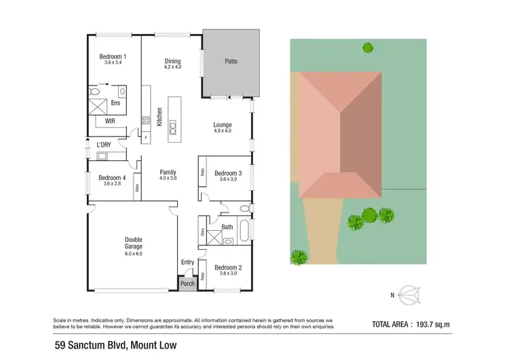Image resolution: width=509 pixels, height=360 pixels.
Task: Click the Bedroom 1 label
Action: (113, 56)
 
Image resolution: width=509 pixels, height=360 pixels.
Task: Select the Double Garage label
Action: (133, 242)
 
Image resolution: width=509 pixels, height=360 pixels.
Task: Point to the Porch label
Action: (187, 284)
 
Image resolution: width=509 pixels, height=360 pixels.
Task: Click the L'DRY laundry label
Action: (103, 145)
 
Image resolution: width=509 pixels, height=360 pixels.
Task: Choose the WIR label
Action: (110, 122)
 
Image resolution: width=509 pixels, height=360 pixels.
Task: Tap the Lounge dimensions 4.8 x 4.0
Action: (223, 131)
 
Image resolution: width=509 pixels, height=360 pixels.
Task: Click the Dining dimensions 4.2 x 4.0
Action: (172, 67)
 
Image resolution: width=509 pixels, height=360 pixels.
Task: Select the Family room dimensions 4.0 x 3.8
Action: (168, 178)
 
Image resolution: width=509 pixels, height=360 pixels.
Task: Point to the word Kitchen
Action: (159, 118)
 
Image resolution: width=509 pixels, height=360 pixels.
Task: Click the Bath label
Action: (227, 228)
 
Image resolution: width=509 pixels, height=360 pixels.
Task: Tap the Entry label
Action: (187, 262)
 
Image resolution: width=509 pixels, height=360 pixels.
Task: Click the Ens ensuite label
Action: (116, 103)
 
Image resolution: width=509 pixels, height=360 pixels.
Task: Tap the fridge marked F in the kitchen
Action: (146, 137)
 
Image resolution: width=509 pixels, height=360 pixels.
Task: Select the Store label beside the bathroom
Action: (203, 233)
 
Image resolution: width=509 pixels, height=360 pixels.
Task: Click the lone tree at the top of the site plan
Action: (368, 48)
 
